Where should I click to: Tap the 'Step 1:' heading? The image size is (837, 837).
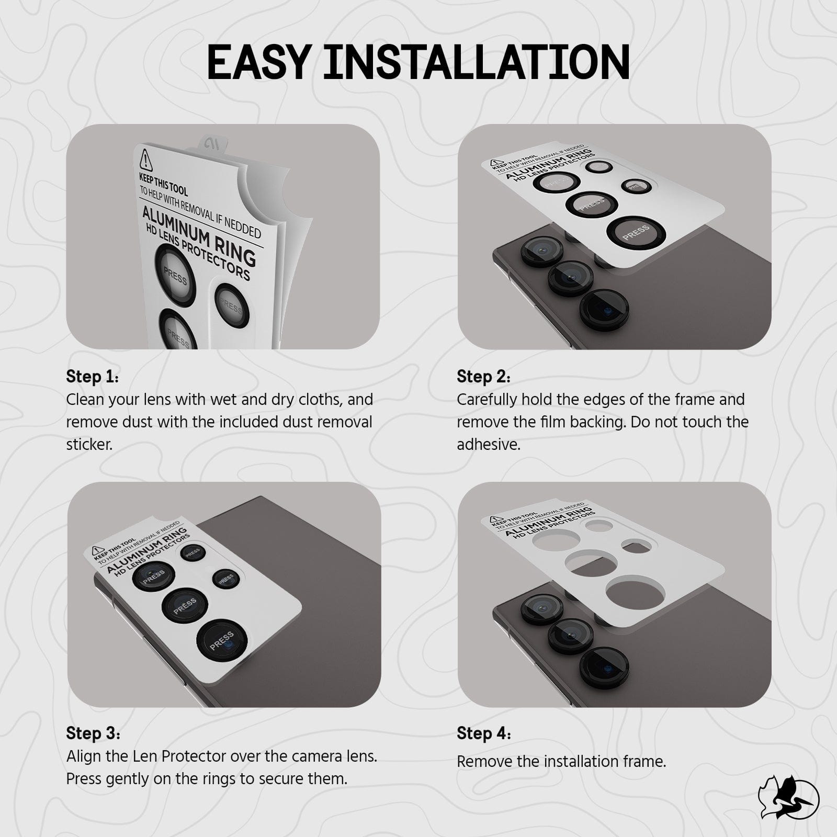click(92, 377)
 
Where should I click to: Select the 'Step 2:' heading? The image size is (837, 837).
click(483, 377)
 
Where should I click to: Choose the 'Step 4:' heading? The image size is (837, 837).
click(483, 733)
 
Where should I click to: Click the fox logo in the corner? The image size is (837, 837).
click(788, 798)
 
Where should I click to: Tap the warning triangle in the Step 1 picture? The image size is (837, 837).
click(145, 159)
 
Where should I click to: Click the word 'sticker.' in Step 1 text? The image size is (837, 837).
click(89, 445)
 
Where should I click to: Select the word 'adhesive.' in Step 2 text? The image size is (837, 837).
click(488, 445)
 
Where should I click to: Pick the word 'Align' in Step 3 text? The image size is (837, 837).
click(83, 756)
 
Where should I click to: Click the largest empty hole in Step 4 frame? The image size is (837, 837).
click(636, 591)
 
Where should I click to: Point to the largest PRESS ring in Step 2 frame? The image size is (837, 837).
click(636, 231)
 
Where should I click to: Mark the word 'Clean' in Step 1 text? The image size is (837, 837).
click(86, 400)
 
